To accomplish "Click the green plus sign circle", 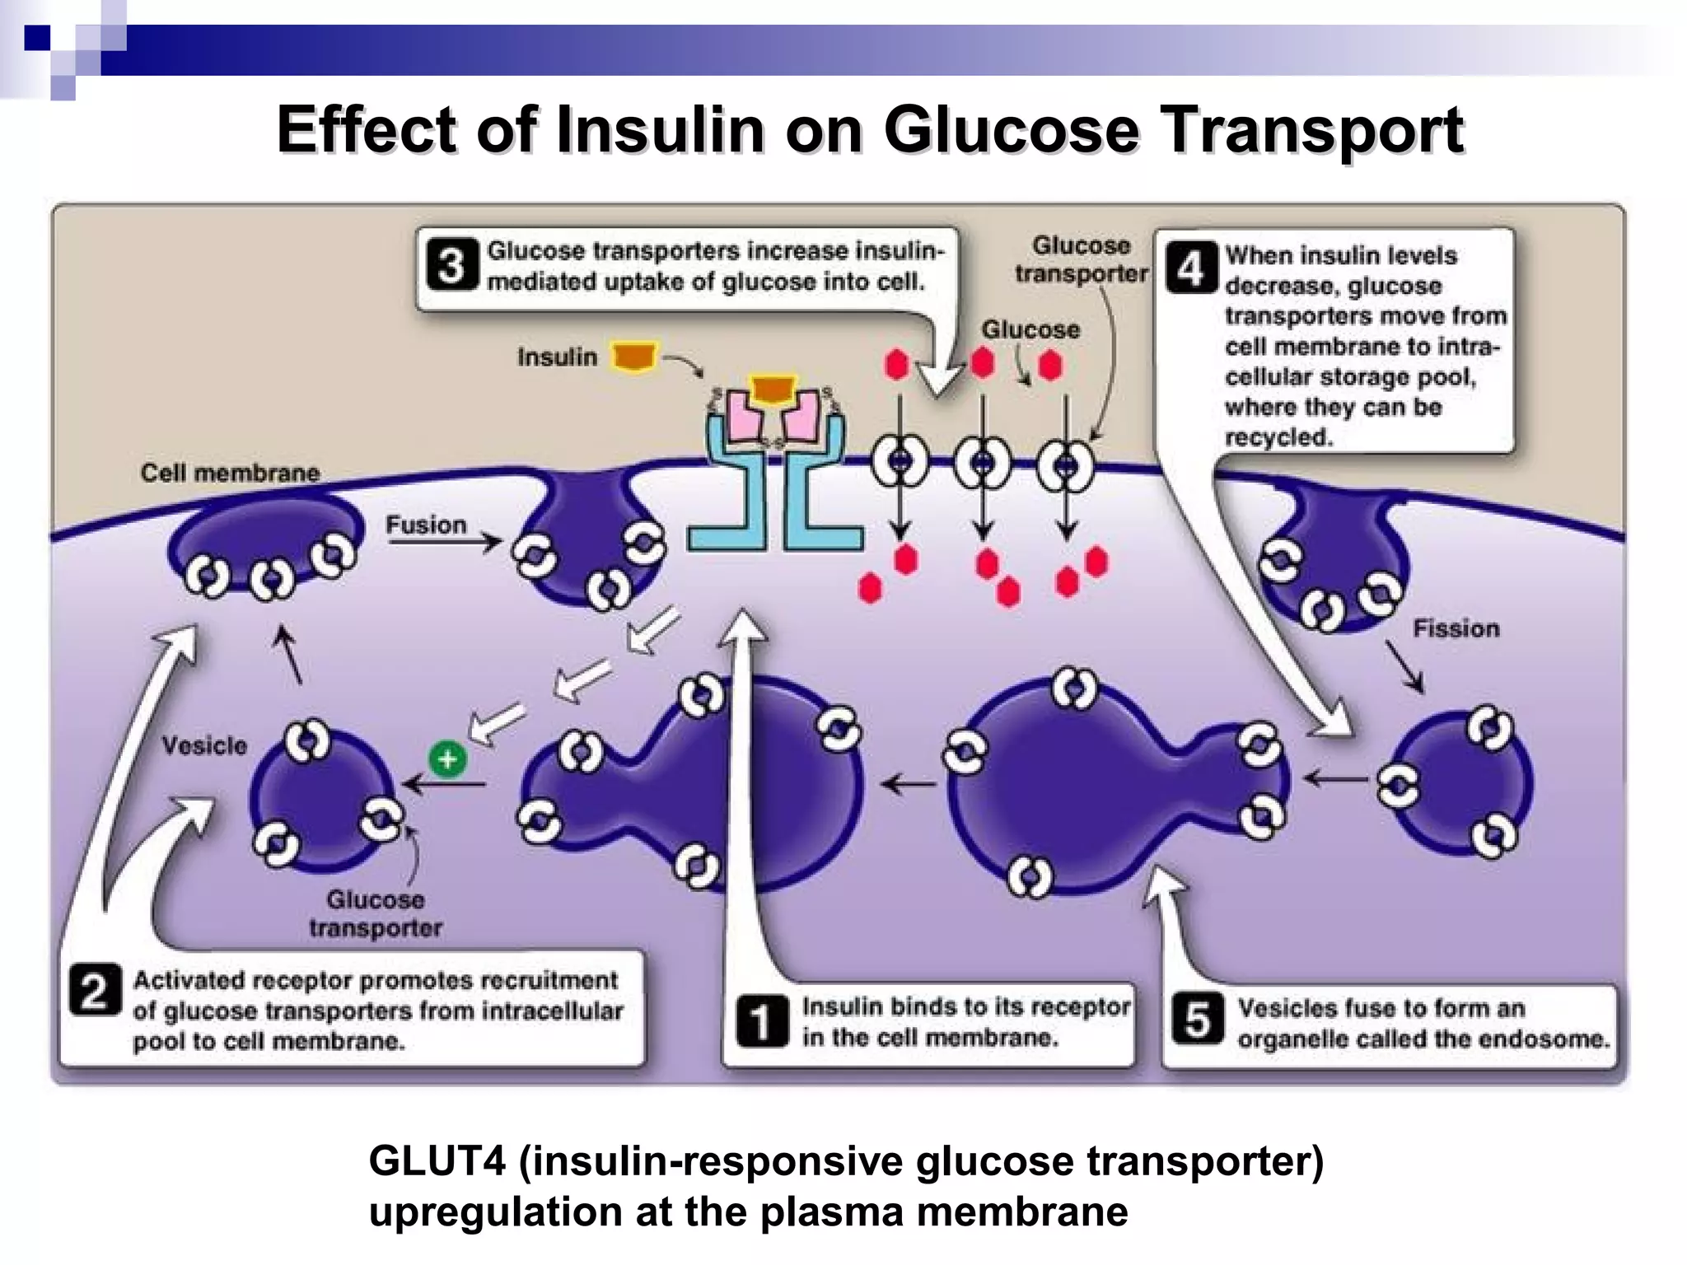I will coord(448,759).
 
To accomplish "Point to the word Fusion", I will coord(426,525).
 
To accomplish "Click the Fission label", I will coord(1456,628).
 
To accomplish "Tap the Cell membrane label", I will coord(230,473).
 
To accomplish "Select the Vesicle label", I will coord(204,745).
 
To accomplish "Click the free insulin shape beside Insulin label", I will coord(633,357).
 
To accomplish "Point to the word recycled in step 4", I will coord(1278,437).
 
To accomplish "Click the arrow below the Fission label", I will coord(1405,665).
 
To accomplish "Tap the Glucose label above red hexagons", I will coord(1030,329).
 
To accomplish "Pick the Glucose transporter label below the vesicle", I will coord(376,913).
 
